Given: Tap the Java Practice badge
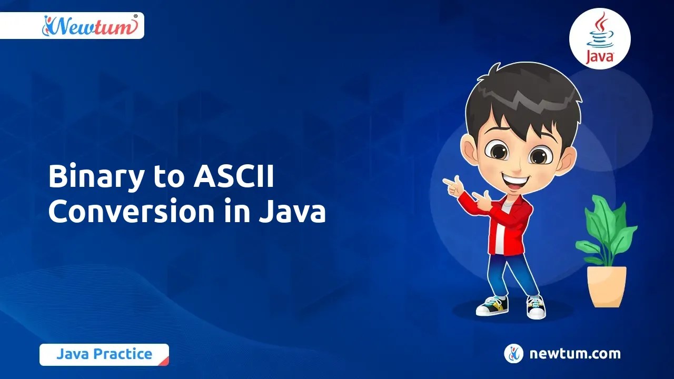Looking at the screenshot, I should tap(104, 354).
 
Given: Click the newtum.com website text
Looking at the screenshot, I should tap(575, 354).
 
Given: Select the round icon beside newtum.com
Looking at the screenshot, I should tap(513, 354).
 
